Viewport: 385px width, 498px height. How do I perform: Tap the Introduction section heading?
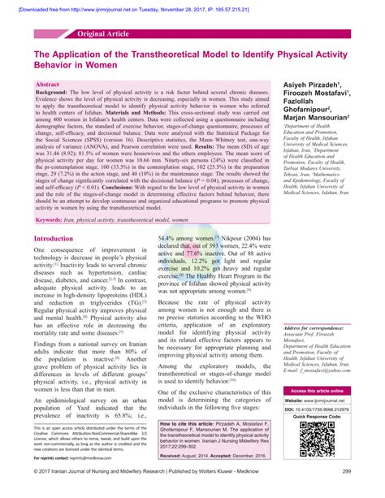tap(54, 238)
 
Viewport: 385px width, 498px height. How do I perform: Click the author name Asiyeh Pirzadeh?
tap(315, 85)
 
